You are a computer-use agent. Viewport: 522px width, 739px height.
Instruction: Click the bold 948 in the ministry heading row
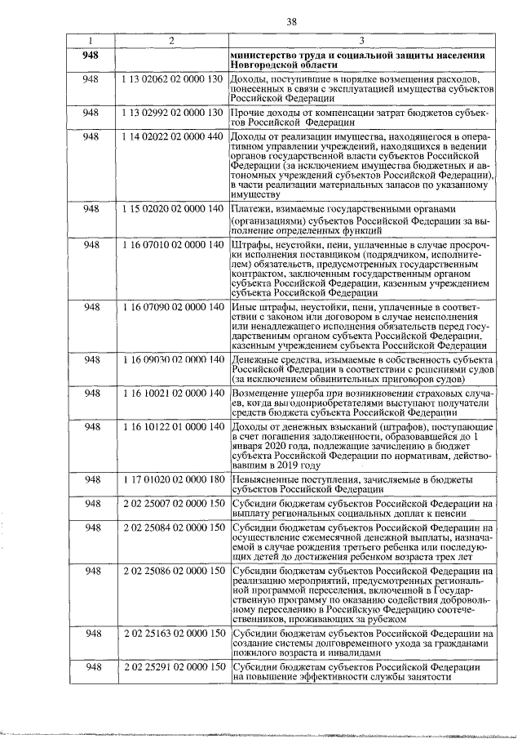(91, 56)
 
